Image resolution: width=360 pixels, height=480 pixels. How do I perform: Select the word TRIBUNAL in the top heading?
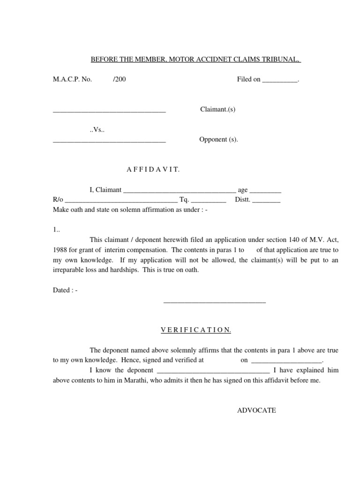click(281, 60)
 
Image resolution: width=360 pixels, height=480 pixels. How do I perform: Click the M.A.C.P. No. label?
click(72, 79)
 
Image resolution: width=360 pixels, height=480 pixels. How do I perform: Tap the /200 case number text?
click(119, 79)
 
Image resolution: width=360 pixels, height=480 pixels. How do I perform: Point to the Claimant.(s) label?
click(217, 109)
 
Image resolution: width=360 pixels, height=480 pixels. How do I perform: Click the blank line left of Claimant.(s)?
click(109, 111)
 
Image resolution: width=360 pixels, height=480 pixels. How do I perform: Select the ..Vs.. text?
click(96, 130)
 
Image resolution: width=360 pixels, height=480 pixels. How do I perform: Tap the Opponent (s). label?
click(219, 139)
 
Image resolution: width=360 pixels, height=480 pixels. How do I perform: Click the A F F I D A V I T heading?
click(150, 169)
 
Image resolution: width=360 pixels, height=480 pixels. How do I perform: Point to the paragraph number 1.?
click(56, 230)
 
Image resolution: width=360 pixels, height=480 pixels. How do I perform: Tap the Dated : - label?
click(65, 290)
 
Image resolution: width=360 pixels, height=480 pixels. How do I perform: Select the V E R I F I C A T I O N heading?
click(195, 330)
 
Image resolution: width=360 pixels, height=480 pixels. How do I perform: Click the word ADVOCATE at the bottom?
click(256, 410)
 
